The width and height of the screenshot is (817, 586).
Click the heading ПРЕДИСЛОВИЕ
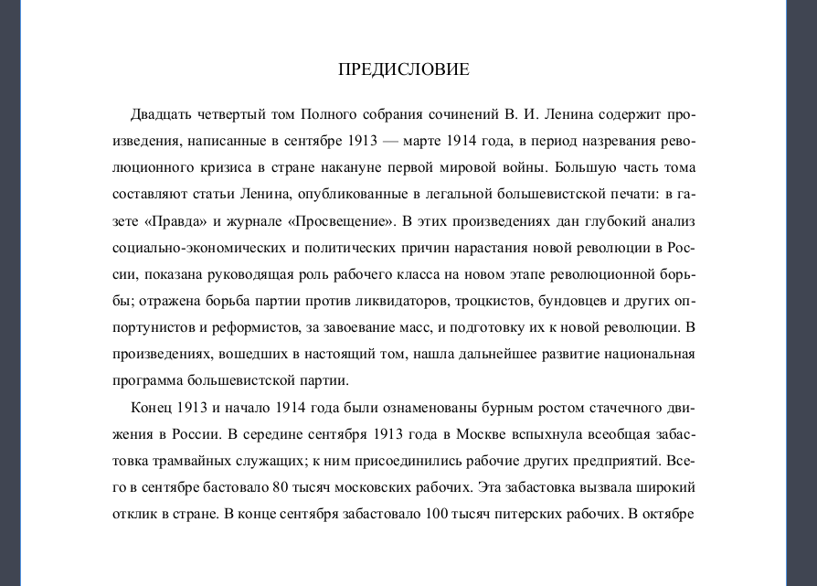[x=404, y=69]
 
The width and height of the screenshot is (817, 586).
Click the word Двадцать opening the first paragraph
[x=161, y=115]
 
